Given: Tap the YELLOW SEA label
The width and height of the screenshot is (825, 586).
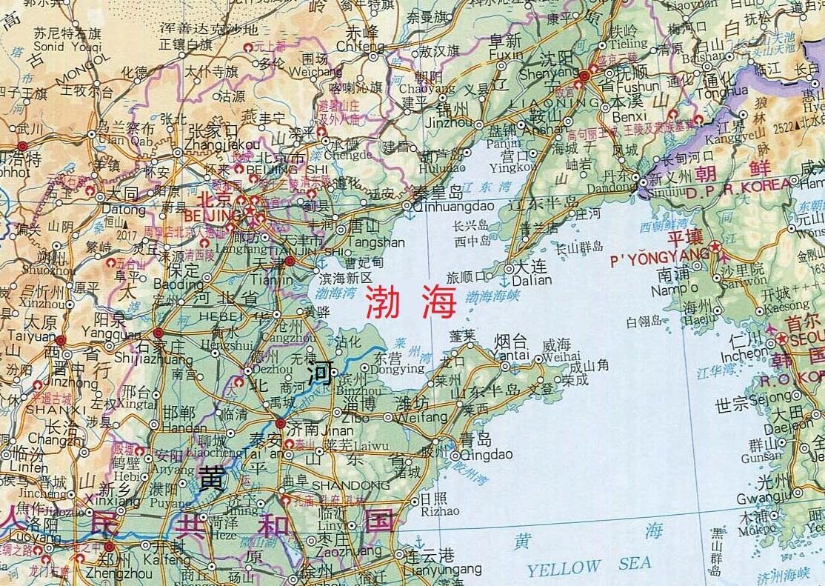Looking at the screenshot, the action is pyautogui.click(x=589, y=567).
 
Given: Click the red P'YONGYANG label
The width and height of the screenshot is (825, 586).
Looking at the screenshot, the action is pyautogui.click(x=659, y=261).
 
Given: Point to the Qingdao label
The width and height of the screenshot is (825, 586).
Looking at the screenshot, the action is pyautogui.click(x=475, y=455).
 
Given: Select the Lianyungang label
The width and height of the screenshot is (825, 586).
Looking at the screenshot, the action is pyautogui.click(x=443, y=569).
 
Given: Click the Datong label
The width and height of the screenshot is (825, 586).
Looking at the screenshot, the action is pyautogui.click(x=124, y=210).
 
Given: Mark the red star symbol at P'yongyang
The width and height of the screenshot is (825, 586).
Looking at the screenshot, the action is pyautogui.click(x=715, y=247).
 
